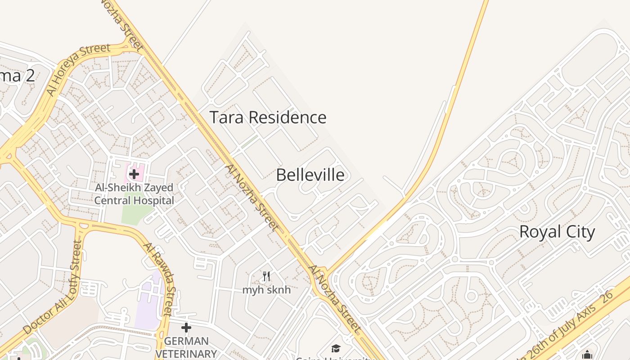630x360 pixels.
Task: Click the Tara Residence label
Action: click(x=268, y=117)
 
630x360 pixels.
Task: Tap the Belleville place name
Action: click(x=310, y=175)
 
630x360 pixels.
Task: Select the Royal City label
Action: click(x=557, y=232)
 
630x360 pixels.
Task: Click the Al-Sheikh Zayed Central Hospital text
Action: click(x=134, y=194)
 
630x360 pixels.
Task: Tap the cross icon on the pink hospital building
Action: click(x=134, y=174)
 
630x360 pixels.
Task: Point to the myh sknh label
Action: click(x=266, y=290)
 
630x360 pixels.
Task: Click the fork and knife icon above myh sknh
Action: click(x=266, y=276)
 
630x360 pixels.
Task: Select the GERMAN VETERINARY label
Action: click(x=186, y=347)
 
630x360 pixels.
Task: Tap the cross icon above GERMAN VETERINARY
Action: click(x=186, y=328)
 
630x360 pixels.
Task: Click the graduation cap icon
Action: click(x=336, y=348)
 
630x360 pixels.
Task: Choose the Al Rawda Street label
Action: click(x=158, y=279)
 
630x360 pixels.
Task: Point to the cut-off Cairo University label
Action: click(x=335, y=358)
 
